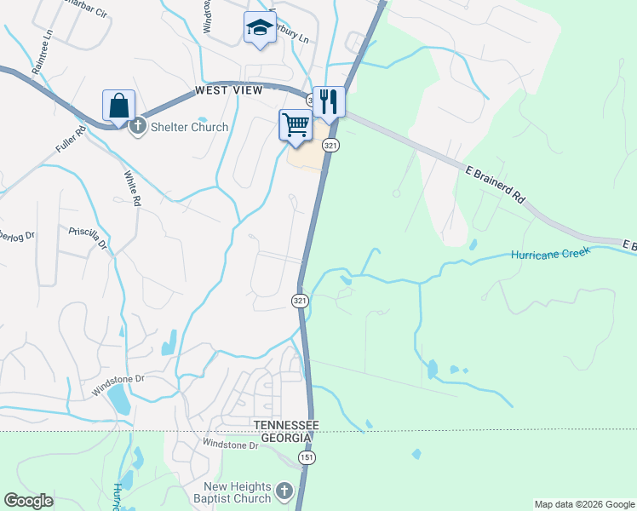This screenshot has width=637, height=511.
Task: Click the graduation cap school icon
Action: coord(260,28)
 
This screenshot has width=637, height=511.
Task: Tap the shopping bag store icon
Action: coord(118,106)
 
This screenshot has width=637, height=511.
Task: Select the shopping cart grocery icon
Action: coord(296,125)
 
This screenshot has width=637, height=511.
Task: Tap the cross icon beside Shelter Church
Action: coord(136,127)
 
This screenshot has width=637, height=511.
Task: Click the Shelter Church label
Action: coord(189,127)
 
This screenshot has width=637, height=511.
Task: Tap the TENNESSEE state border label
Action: coord(284,424)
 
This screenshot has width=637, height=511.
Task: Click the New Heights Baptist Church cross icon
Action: coord(284,491)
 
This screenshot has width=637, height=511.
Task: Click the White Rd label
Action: coord(131,188)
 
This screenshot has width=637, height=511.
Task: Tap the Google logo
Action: coord(28,501)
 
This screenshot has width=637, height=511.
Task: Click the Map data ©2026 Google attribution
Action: coord(583,504)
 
